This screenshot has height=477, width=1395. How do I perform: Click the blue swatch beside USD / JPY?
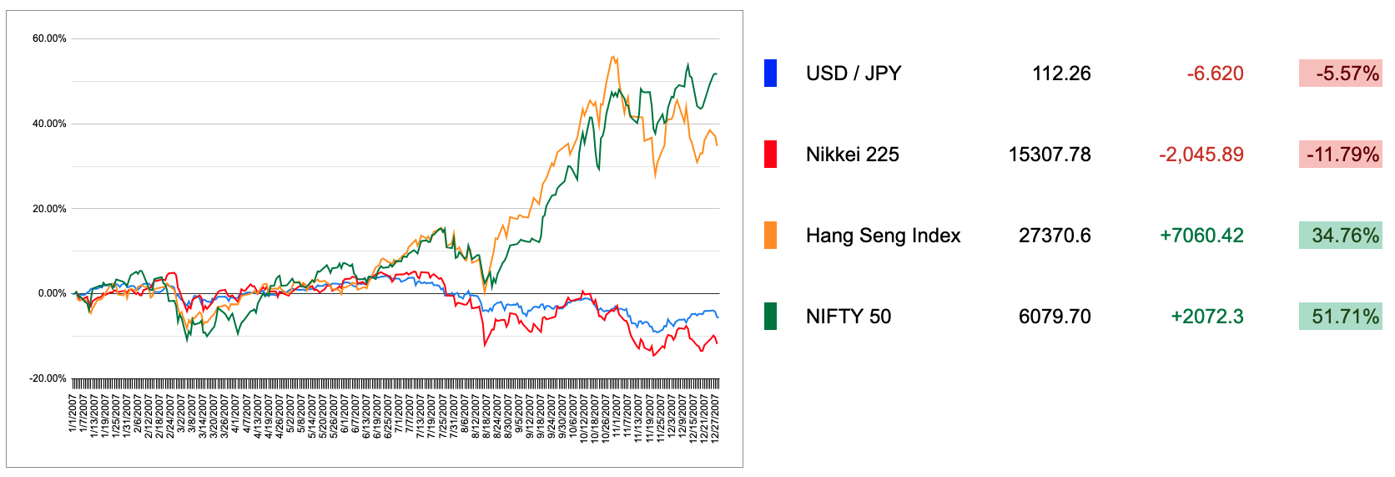[x=770, y=74]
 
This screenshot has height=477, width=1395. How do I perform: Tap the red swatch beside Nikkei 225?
[x=770, y=155]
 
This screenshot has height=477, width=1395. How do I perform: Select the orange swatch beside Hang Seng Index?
[x=770, y=236]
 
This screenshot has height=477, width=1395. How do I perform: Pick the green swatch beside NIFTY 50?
[x=770, y=317]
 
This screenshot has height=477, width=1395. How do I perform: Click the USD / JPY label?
[x=854, y=74]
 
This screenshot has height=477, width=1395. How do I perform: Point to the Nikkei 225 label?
[x=852, y=155]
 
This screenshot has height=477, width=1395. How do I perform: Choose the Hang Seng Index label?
[x=883, y=236]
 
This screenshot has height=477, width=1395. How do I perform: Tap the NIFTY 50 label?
[x=848, y=317]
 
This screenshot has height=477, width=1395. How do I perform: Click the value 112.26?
[x=1061, y=74]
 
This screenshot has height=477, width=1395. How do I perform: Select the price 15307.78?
[x=1050, y=155]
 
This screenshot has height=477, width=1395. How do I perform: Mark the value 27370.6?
[x=1055, y=236]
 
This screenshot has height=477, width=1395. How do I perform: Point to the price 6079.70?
[x=1055, y=317]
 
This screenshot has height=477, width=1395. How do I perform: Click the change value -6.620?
[x=1215, y=74]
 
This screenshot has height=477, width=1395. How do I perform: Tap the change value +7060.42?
[x=1201, y=236]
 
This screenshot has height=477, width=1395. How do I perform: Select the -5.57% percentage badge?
[x=1340, y=74]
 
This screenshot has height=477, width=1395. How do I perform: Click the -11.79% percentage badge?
[x=1340, y=155]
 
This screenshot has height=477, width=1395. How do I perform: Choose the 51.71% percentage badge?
[x=1340, y=317]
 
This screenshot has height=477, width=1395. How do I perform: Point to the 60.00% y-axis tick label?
[x=49, y=38]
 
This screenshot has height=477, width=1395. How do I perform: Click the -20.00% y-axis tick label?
[x=48, y=378]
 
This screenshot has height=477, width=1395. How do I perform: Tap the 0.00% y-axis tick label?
[x=52, y=293]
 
